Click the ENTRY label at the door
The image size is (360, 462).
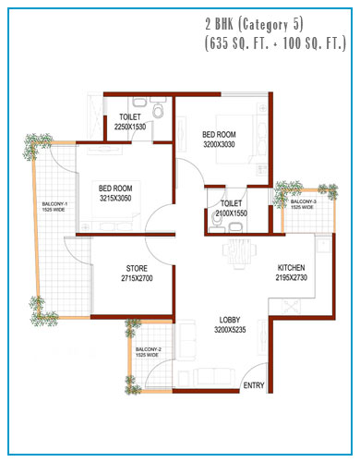tap(254, 385)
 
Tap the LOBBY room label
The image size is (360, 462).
tap(230, 320)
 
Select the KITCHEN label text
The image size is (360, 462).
tap(291, 267)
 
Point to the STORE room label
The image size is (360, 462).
tap(137, 268)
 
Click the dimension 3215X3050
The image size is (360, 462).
tap(115, 198)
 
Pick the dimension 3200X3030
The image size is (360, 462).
tap(219, 144)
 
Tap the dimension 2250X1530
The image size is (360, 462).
tap(130, 127)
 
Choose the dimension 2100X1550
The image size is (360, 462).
tap(231, 213)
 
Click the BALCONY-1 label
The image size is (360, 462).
tap(54, 204)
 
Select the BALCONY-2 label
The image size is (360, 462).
tap(149, 349)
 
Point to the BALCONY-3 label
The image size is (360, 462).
tap(304, 201)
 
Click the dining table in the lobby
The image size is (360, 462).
tap(240, 251)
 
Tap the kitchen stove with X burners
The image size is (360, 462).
tap(291, 306)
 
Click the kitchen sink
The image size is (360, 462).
tap(324, 244)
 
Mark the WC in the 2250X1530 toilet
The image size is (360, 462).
tap(159, 110)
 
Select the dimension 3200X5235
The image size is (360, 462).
tap(230, 330)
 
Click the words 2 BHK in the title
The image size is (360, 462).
tap(220, 25)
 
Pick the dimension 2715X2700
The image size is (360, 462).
tap(137, 278)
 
